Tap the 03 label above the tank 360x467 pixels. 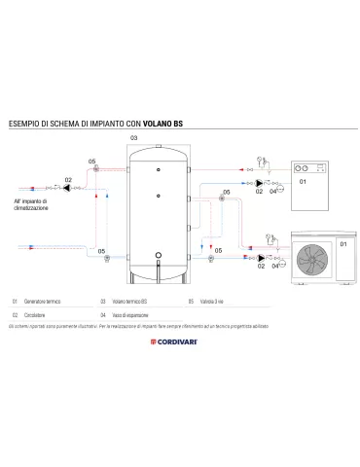point(133,140)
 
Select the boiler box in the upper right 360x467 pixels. point(310,181)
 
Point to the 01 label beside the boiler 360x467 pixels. point(302,181)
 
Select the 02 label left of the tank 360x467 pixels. point(68,181)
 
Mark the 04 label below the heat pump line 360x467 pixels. point(276,267)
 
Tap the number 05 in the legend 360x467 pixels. point(192,301)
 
